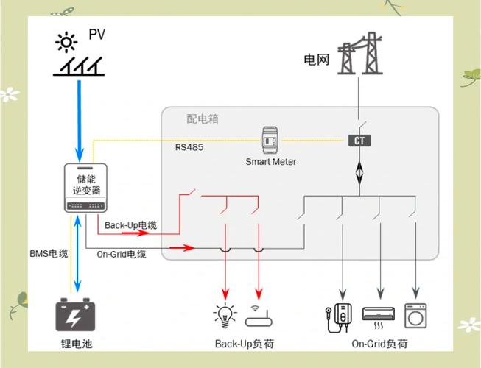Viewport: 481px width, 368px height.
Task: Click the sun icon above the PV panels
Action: (67, 41)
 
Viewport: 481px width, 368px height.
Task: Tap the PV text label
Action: (97, 35)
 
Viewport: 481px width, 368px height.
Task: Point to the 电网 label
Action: (316, 59)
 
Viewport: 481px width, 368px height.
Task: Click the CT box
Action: (359, 140)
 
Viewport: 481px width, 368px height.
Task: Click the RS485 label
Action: (189, 147)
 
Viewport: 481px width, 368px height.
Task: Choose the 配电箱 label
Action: (203, 118)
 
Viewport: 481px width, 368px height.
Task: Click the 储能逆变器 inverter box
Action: (86, 188)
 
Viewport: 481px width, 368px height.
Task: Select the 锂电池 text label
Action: (76, 344)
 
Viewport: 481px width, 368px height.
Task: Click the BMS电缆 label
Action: (49, 254)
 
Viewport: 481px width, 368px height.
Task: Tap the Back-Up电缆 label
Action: (130, 225)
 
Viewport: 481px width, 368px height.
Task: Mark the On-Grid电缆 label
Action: (122, 254)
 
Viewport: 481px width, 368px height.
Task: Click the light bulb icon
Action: (225, 315)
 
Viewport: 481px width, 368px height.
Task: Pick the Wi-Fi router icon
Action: (257, 315)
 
